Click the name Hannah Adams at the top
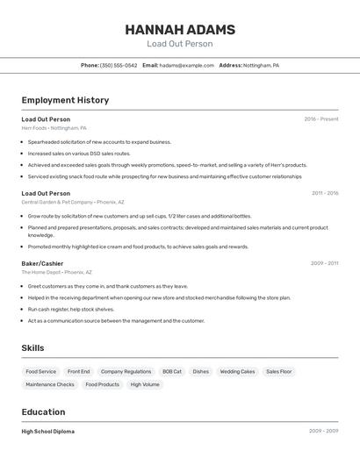(179, 30)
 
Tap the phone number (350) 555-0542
(119, 65)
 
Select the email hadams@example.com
(186, 65)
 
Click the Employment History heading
(65, 100)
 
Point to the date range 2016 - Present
(320, 119)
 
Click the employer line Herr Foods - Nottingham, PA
(54, 128)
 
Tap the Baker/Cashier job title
(42, 263)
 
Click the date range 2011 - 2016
(324, 193)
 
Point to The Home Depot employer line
(56, 272)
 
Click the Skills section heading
(32, 348)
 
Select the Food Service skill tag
(40, 372)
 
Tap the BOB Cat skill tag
(172, 372)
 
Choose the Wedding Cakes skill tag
(237, 372)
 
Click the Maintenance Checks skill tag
(50, 384)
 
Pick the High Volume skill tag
(145, 384)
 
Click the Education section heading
(42, 411)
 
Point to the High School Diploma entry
(47, 432)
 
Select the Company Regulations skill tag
(126, 372)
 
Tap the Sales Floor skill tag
(278, 372)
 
